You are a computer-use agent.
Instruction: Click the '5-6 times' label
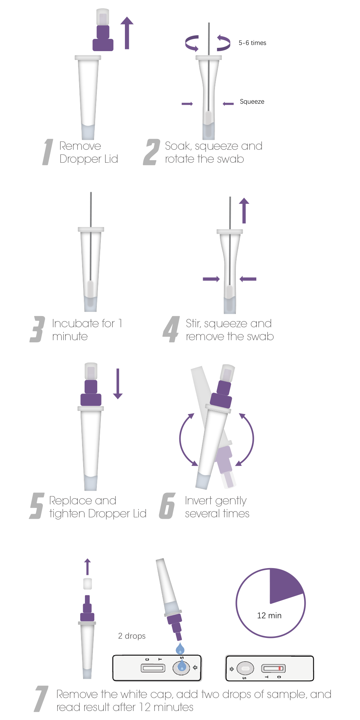(252, 43)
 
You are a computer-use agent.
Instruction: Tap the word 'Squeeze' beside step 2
(252, 102)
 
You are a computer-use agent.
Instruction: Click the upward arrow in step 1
(127, 33)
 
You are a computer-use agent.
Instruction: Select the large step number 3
(37, 329)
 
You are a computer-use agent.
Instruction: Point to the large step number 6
(167, 506)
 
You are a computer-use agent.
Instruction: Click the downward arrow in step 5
(118, 384)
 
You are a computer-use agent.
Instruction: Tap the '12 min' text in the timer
(269, 616)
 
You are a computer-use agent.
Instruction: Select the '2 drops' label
(132, 636)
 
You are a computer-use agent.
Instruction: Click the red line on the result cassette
(280, 669)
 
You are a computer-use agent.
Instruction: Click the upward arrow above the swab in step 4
(244, 211)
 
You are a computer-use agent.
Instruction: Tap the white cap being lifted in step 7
(87, 584)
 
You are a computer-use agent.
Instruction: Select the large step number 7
(41, 699)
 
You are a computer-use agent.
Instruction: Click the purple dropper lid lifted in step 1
(103, 38)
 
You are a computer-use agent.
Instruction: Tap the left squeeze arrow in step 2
(187, 104)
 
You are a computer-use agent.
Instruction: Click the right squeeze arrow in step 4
(248, 279)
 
